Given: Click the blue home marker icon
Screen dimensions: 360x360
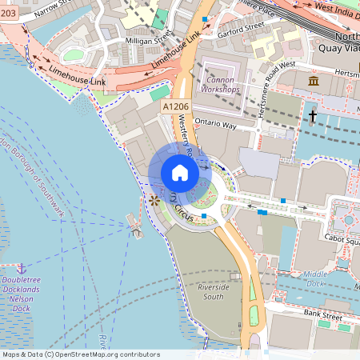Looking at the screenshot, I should click(x=180, y=173).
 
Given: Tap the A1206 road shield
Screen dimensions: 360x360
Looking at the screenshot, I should click(x=176, y=106).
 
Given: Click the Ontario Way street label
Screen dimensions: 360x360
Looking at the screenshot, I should click(x=216, y=126).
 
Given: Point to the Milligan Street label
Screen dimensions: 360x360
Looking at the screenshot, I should click(x=145, y=38).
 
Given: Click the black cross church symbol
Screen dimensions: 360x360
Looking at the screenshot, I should click(x=313, y=117).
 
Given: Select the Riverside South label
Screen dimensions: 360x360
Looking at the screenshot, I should click(x=214, y=291).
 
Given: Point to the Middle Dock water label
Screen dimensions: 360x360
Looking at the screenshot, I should click(x=314, y=278).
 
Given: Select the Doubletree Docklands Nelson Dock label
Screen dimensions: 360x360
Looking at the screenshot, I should click(x=26, y=293).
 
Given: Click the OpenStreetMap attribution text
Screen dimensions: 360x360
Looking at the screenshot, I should click(x=81, y=354).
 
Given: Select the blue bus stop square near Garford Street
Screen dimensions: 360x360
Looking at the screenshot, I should click(x=206, y=18).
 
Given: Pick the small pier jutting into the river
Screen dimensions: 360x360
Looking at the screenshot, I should click(x=135, y=228).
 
